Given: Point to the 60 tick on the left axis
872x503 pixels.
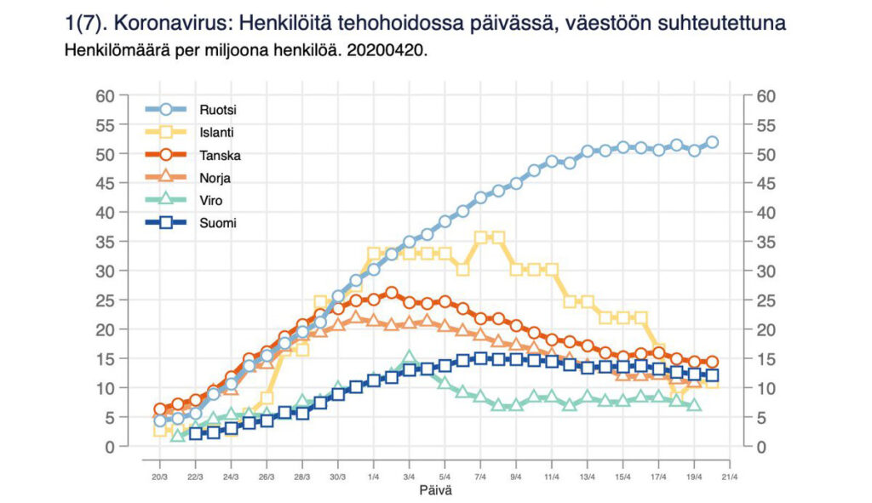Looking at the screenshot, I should click(105, 95).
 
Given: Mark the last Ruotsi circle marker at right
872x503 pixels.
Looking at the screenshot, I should click(712, 142).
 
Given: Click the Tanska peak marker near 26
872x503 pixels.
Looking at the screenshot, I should click(391, 293).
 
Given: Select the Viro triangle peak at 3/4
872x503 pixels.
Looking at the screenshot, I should click(409, 357).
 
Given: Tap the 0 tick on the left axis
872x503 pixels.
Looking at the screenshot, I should click(110, 447).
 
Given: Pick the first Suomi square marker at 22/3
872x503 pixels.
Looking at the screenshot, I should click(195, 433).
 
